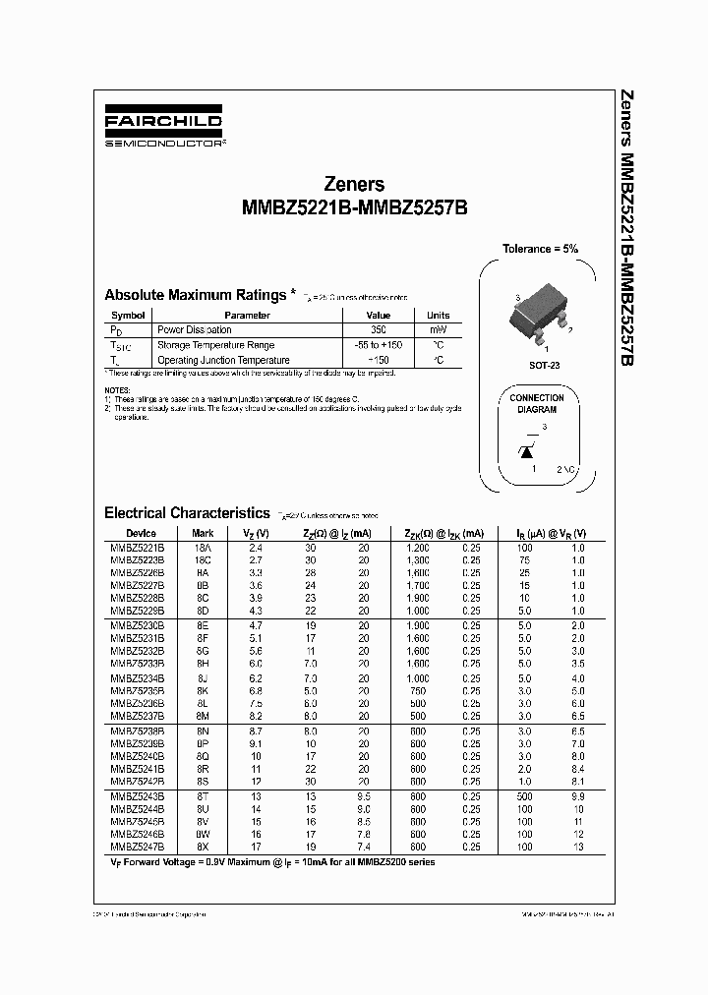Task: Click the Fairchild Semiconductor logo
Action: pos(164,129)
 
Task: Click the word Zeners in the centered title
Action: pos(354,184)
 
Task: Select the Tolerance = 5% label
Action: pos(541,249)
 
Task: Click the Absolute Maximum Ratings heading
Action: pos(195,295)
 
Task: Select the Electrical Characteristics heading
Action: pos(187,512)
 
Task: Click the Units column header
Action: pos(438,316)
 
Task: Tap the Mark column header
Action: pos(203,533)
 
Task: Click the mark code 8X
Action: pos(203,846)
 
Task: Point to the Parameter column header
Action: pos(247,316)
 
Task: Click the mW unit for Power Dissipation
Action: pos(438,329)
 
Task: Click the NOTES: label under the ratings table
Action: pos(116,390)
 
